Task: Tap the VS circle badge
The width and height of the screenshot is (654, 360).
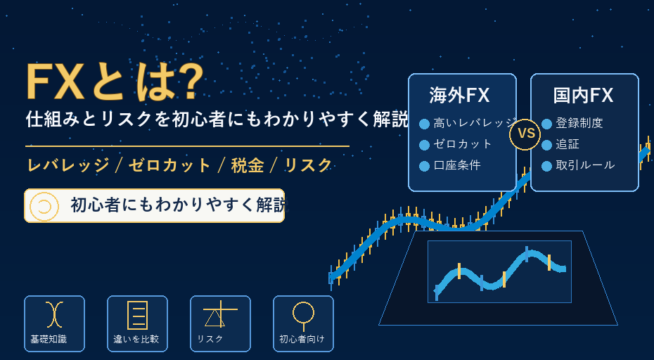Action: [525, 134]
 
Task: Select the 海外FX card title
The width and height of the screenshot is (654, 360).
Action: [459, 96]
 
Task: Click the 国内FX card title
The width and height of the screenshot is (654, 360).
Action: [583, 96]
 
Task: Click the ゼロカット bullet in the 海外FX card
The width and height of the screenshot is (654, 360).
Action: [463, 144]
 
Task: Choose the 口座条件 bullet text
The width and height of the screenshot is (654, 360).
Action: [457, 165]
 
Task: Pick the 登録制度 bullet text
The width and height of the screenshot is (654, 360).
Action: [579, 124]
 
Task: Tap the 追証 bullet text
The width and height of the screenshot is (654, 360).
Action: [568, 144]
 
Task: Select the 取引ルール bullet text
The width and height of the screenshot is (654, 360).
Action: [585, 165]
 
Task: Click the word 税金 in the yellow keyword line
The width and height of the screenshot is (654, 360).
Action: [248, 166]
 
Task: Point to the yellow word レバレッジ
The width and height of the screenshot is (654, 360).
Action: [68, 166]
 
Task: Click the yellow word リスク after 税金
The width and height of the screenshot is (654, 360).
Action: [308, 166]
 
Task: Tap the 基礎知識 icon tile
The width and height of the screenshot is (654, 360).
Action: [54, 323]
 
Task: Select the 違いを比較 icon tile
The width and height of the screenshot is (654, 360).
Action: [137, 323]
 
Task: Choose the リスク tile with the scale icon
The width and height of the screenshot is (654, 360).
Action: [220, 323]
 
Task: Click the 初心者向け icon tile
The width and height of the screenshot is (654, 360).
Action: [303, 323]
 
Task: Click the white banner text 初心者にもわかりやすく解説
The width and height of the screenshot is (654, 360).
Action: [179, 205]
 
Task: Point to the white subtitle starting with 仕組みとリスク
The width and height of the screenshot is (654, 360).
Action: [217, 120]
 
